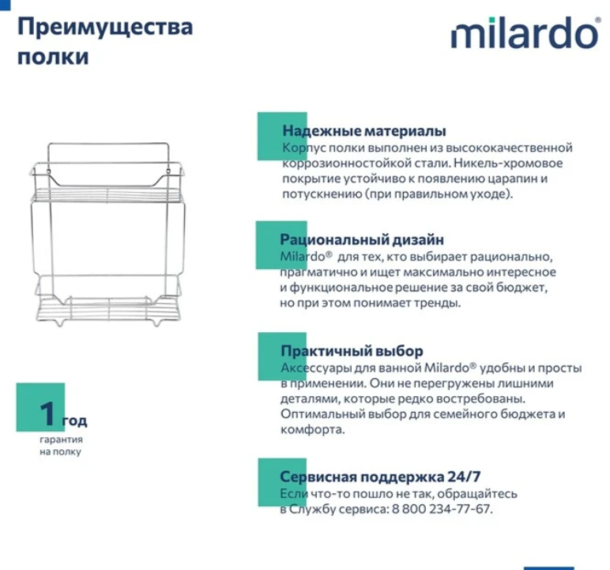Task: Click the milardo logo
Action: coord(525,33)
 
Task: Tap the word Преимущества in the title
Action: coord(105,27)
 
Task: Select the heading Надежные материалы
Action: coord(363,131)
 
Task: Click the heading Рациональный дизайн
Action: coord(361,240)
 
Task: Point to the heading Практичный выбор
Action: coord(352,351)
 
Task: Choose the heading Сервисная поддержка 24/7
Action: coord(380,477)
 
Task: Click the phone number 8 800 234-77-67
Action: coord(442,509)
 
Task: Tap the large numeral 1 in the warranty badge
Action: coord(48,413)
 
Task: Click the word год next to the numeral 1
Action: coord(74,421)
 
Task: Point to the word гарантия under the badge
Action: coord(61,439)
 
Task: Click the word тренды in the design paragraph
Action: coord(439,303)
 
